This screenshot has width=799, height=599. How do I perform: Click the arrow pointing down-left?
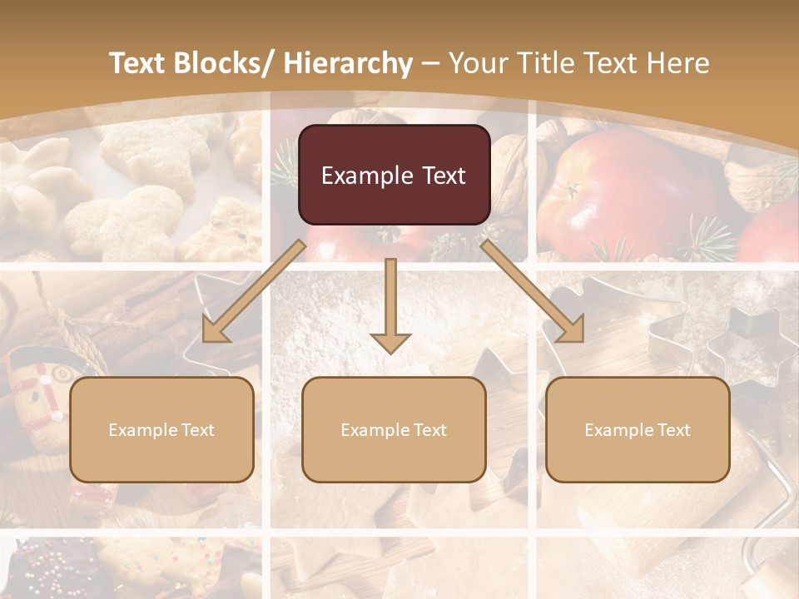click(254, 292)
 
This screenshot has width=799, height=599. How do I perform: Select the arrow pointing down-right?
click(533, 292)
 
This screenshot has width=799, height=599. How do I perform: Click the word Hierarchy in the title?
click(348, 64)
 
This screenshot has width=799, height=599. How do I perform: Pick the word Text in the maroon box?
click(438, 176)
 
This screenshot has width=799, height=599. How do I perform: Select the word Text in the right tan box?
click(672, 430)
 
